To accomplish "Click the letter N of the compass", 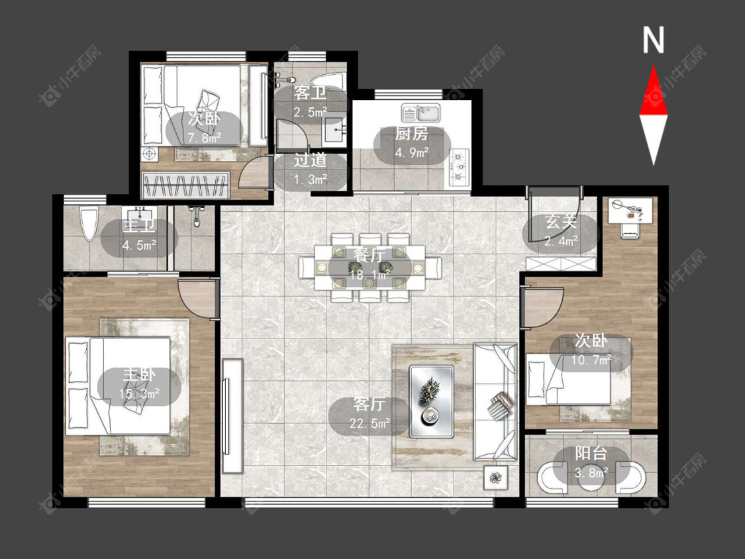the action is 654,40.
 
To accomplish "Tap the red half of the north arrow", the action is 654,95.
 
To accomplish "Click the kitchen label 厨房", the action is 411,134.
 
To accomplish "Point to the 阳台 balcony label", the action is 591,453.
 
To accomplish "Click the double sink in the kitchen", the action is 421,113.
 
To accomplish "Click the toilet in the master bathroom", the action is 88,224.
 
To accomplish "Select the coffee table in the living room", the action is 431,401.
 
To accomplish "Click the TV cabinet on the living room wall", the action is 232,416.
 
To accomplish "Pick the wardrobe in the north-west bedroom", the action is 186,185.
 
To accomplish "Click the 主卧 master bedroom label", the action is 139,375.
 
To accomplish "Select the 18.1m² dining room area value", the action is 370,274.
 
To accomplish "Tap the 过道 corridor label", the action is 311,160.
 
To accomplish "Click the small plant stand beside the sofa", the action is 495,478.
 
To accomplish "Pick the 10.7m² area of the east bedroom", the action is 591,360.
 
